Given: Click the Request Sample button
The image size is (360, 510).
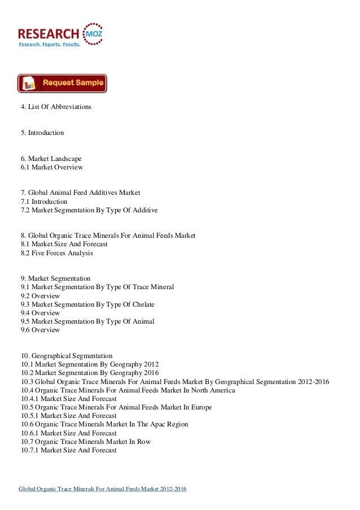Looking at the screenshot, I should (x=62, y=83).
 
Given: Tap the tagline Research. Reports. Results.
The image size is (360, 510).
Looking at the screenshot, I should (x=50, y=43).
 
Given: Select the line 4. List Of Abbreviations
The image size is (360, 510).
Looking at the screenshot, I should (x=56, y=107).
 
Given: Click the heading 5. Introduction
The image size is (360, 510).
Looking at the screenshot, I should (x=42, y=133).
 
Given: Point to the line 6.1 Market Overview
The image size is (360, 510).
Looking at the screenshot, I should (x=51, y=168).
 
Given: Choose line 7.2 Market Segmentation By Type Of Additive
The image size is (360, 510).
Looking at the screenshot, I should (x=89, y=211).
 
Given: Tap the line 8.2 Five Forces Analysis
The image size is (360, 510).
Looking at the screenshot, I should (x=57, y=254).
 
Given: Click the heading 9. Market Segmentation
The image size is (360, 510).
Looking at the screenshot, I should (x=55, y=279).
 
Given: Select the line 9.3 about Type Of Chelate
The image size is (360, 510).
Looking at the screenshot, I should (x=87, y=304).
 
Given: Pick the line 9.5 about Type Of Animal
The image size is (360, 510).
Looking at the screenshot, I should (x=87, y=321).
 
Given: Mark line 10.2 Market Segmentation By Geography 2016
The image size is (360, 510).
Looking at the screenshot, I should (x=90, y=373).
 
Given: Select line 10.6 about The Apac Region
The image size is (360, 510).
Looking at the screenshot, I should (x=104, y=424).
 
